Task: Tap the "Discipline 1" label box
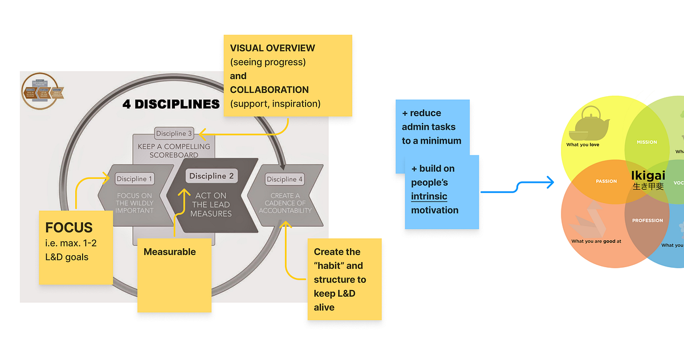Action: tap(135, 179)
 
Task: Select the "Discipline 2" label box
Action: tap(211, 176)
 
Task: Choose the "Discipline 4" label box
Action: tap(286, 179)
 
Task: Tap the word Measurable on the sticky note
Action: tap(169, 252)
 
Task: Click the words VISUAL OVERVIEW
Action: tap(272, 48)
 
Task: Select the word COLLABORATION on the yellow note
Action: tap(269, 90)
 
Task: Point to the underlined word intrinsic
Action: tap(429, 197)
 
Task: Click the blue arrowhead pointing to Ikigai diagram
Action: tap(550, 182)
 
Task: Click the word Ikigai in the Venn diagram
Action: tap(648, 175)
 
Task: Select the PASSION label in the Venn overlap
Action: tap(606, 181)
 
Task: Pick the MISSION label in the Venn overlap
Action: tap(646, 142)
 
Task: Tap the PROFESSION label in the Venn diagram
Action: tap(647, 220)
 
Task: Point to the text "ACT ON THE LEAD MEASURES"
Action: tap(211, 204)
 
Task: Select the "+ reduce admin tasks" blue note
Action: tap(432, 126)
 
